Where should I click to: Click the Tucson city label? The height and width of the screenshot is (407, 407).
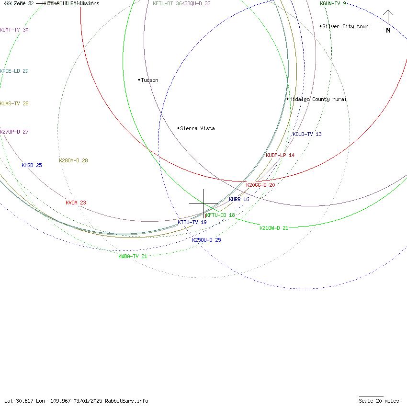149,80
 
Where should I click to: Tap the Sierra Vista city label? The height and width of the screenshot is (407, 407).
197,128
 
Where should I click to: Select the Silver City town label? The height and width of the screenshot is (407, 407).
345,26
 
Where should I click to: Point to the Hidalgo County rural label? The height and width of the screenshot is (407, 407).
317,99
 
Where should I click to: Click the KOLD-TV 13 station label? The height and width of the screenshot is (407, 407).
307,134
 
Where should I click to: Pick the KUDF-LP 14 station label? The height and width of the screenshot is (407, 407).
280,155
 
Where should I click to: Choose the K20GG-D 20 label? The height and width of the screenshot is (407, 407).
260,185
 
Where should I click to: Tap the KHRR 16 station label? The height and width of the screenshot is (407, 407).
239,199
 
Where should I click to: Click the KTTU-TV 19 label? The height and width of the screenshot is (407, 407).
192,222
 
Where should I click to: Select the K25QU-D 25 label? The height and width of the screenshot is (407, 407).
206,240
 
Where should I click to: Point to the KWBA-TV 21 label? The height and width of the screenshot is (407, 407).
133,256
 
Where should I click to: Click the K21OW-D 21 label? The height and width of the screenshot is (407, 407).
274,228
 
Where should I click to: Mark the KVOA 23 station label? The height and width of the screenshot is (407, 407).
76,203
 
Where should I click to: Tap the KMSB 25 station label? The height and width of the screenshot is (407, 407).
32,165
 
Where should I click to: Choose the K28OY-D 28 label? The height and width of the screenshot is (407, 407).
73,160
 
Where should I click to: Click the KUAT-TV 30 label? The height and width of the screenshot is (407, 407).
14,30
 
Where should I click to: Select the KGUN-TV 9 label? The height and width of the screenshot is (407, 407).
333,3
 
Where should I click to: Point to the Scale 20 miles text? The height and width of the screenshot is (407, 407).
379,401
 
